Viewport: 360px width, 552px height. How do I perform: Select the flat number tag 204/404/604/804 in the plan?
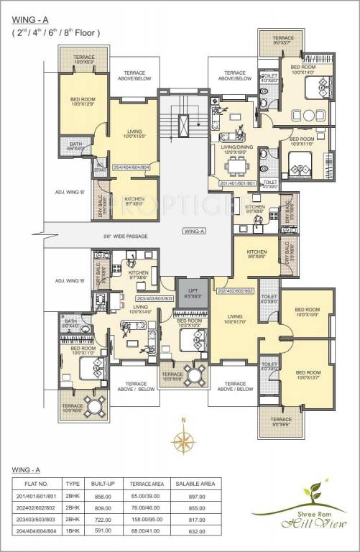(132, 167)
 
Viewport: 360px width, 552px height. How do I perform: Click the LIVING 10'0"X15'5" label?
(134, 134)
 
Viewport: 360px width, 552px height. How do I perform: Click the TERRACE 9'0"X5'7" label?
(282, 40)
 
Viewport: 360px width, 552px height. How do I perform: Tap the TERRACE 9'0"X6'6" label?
(281, 422)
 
